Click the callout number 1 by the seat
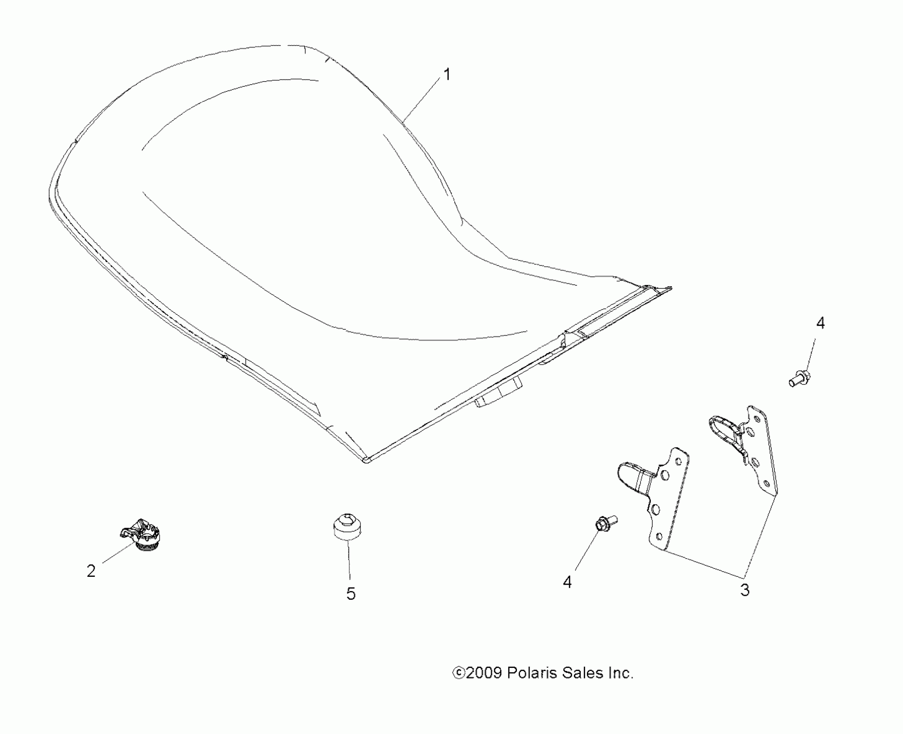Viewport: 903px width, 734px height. (447, 75)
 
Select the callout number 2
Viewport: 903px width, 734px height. (91, 571)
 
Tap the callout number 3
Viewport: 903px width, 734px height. (745, 590)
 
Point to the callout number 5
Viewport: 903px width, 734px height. (351, 594)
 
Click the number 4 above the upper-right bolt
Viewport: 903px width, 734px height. (821, 323)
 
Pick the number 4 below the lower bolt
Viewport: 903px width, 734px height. (567, 582)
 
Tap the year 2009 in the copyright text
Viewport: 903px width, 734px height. (483, 673)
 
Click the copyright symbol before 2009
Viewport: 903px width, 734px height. (458, 673)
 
